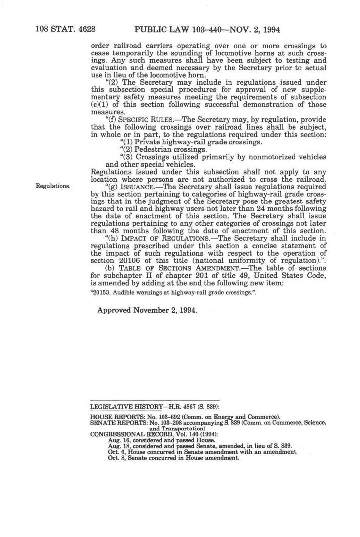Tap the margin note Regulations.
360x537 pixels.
coord(53,186)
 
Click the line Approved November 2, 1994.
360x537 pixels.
coord(147,310)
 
